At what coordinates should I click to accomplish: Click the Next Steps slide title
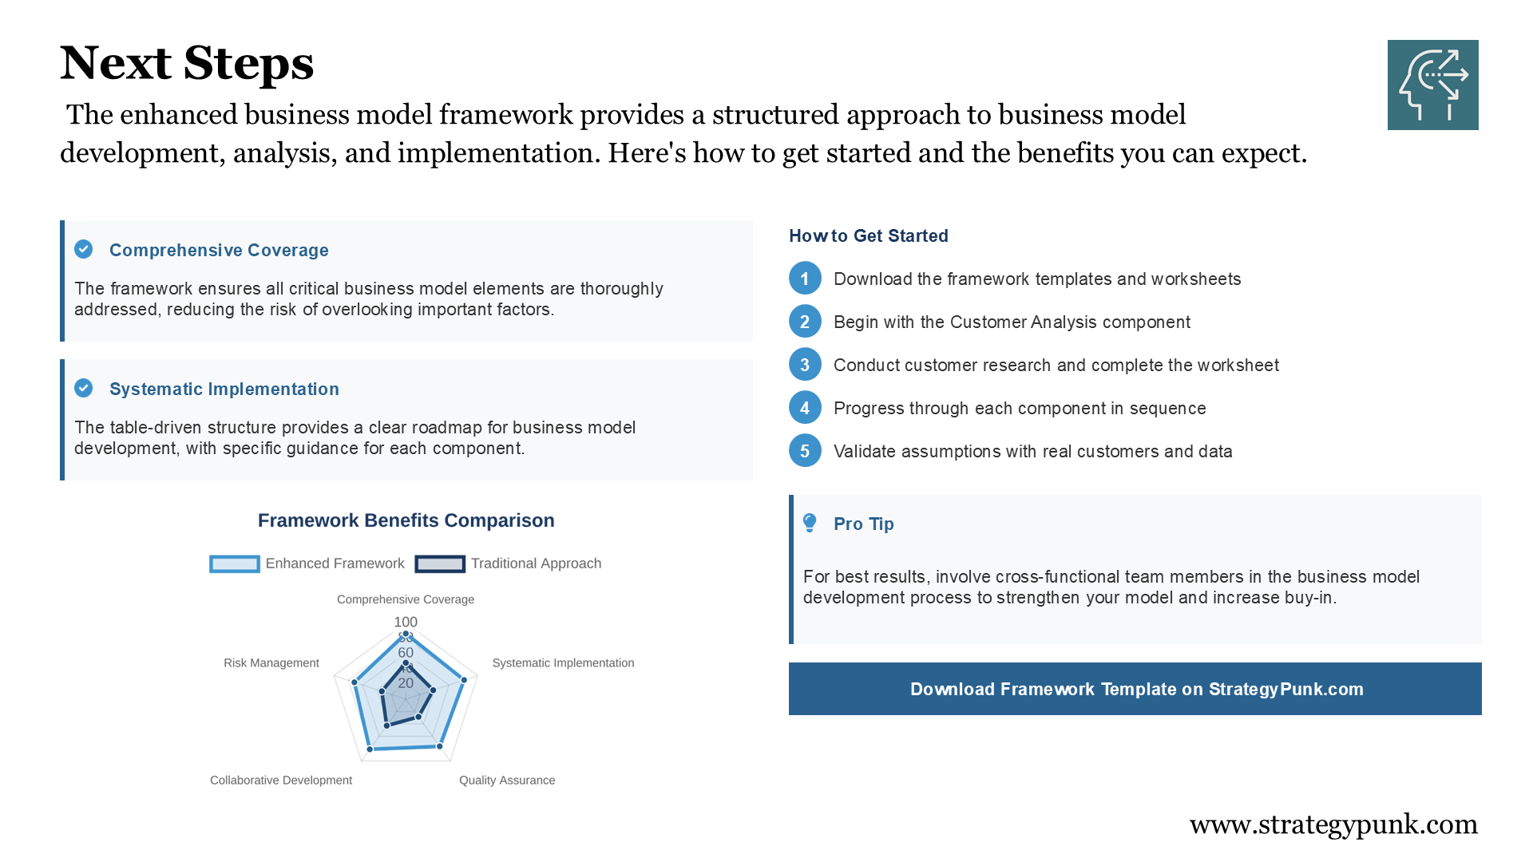pyautogui.click(x=187, y=63)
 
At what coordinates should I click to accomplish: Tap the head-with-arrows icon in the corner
pyautogui.click(x=1432, y=85)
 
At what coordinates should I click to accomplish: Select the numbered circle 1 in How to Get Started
pyautogui.click(x=805, y=279)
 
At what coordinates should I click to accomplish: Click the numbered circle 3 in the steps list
pyautogui.click(x=805, y=365)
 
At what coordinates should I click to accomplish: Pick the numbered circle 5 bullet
pyautogui.click(x=805, y=451)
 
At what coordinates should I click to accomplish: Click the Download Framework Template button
pyautogui.click(x=1135, y=689)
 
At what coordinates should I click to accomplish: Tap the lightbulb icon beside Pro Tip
pyautogui.click(x=810, y=523)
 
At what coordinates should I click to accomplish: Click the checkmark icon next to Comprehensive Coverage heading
pyautogui.click(x=84, y=249)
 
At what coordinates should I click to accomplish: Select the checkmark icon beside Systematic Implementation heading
pyautogui.click(x=84, y=388)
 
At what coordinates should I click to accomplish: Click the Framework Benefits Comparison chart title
pyautogui.click(x=406, y=520)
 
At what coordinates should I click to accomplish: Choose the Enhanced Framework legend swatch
pyautogui.click(x=234, y=563)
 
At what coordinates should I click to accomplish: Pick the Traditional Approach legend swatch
pyautogui.click(x=440, y=563)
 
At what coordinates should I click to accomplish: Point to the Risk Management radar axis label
pyautogui.click(x=271, y=662)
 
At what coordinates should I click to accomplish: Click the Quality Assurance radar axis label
pyautogui.click(x=507, y=780)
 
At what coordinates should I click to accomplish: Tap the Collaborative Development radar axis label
pyautogui.click(x=280, y=780)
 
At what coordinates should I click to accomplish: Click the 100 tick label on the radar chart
pyautogui.click(x=406, y=622)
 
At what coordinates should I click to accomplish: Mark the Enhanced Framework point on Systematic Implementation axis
pyautogui.click(x=464, y=680)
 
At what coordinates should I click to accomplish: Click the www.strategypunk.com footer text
pyautogui.click(x=1333, y=824)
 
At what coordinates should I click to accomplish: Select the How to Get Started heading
pyautogui.click(x=868, y=235)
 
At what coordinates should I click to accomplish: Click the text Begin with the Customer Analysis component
pyautogui.click(x=1012, y=322)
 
